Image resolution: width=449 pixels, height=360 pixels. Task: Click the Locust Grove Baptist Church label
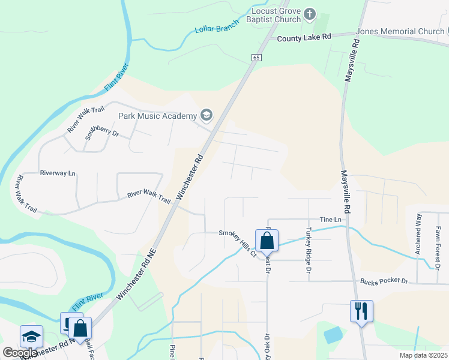[276, 15]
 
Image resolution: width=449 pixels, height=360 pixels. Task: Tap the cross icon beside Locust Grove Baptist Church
[310, 14]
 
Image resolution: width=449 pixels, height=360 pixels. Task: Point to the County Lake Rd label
[304, 38]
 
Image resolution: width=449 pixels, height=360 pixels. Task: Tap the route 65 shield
[256, 57]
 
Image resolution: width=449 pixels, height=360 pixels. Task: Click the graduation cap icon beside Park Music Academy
[206, 115]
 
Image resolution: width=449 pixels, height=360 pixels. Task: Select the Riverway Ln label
[58, 173]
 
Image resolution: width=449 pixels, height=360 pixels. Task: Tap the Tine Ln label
[330, 220]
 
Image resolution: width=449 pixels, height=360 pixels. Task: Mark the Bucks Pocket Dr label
[384, 281]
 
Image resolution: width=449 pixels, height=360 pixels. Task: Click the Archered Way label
[418, 233]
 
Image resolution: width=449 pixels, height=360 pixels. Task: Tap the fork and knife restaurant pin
[361, 311]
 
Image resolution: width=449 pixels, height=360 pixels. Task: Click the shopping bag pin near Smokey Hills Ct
[267, 241]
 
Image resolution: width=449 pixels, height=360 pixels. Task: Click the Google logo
[20, 353]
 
